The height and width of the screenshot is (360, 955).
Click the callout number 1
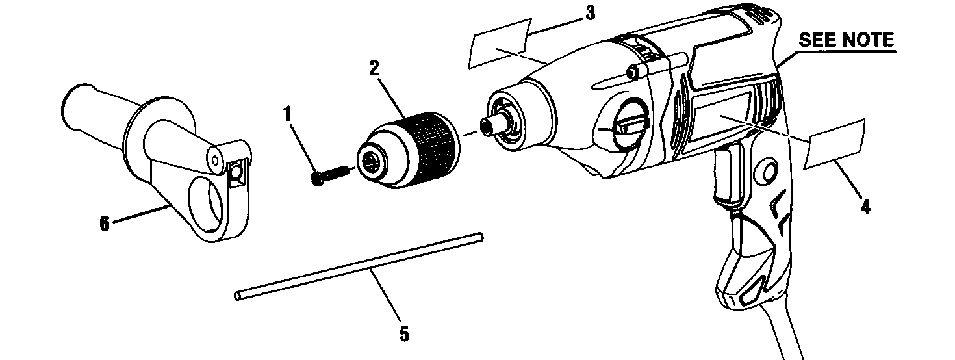coord(286,115)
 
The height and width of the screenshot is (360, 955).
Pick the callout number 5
coord(403,334)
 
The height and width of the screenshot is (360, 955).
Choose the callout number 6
coord(104,223)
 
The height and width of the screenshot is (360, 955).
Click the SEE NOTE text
coord(846,40)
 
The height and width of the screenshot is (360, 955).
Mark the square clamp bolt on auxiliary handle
coord(236,172)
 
